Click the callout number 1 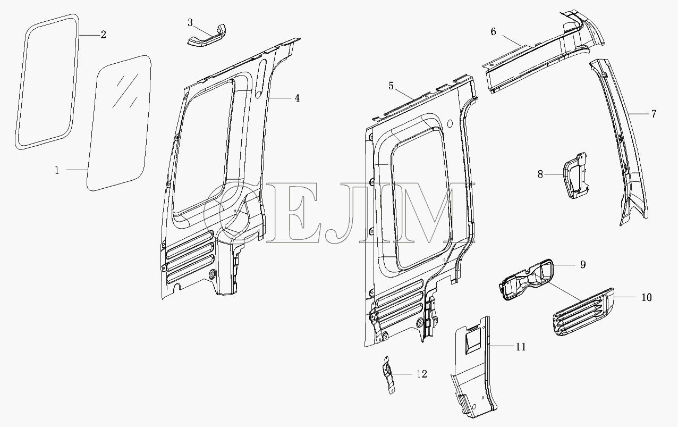(57, 171)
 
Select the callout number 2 (104, 35)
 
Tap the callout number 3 (190, 23)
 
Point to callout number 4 (297, 98)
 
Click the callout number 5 (391, 86)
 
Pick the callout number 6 (494, 31)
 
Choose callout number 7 (654, 114)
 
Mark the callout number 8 (540, 174)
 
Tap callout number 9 (583, 265)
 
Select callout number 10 (647, 297)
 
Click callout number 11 (521, 347)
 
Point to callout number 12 (422, 374)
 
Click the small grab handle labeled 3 (207, 37)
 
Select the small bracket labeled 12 (388, 375)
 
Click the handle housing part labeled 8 (575, 175)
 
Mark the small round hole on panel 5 (450, 123)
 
